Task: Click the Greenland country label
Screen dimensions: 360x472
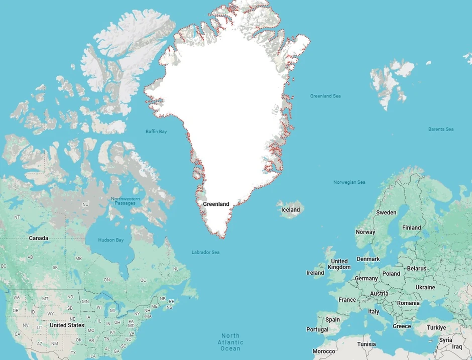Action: (x=216, y=204)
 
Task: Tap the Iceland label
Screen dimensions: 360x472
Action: (x=290, y=210)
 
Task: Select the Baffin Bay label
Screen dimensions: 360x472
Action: (x=156, y=132)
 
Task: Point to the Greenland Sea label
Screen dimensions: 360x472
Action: (x=325, y=96)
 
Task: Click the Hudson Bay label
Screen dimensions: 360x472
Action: (x=110, y=240)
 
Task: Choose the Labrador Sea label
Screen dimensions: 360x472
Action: (x=205, y=252)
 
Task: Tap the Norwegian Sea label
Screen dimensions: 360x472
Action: (x=349, y=182)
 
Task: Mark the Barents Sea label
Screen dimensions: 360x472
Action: (x=441, y=129)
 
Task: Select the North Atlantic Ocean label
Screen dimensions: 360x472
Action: (x=230, y=342)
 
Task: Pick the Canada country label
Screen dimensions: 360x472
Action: (x=39, y=238)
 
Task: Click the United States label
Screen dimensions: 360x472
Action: (x=67, y=325)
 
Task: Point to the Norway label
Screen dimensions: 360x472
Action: (x=365, y=232)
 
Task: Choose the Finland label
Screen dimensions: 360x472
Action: (x=411, y=227)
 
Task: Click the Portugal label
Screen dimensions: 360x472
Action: (x=317, y=330)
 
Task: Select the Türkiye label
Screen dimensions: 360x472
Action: (x=436, y=328)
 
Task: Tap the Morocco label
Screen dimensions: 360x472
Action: (x=324, y=351)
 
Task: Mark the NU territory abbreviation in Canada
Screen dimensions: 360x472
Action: (x=85, y=205)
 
